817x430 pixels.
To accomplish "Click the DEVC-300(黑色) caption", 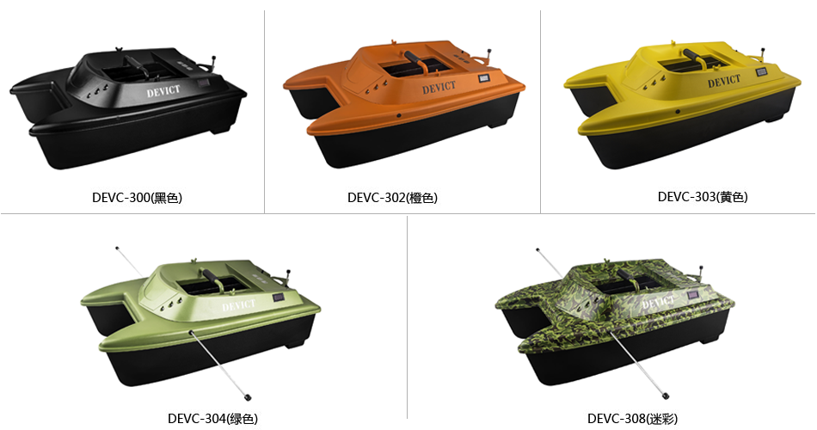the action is (137, 198).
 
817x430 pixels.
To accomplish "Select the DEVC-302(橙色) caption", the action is (392, 198).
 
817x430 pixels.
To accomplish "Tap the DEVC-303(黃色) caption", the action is (703, 196).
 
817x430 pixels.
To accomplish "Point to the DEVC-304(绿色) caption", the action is (212, 418).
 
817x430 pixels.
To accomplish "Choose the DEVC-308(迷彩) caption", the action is (633, 418).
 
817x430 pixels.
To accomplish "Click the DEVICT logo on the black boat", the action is (163, 92).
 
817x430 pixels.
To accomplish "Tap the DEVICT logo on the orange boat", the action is (439, 88).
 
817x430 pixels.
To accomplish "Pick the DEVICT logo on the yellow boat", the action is (724, 82).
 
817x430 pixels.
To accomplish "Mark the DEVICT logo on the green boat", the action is (238, 306).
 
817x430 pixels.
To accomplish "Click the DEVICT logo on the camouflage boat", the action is (658, 301).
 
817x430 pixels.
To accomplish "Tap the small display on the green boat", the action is (278, 298).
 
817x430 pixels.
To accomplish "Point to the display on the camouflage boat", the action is (693, 295).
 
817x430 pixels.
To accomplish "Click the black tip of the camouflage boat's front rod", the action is (666, 396).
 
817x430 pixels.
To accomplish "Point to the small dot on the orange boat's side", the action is (398, 115).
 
